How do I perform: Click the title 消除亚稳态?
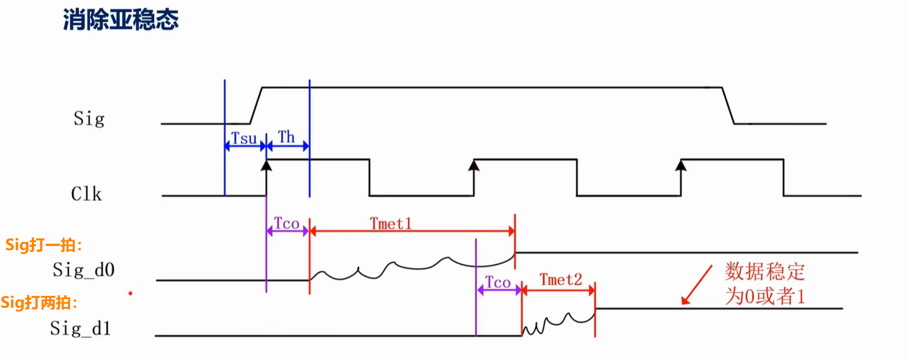[x=120, y=19]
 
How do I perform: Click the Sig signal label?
[x=89, y=119]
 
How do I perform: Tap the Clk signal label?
[x=86, y=194]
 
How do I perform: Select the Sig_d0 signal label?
[x=83, y=270]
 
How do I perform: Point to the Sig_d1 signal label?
[x=80, y=328]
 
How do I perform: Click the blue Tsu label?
[x=244, y=139]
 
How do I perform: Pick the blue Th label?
[x=286, y=137]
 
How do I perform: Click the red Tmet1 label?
[x=391, y=224]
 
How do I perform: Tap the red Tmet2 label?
[x=561, y=280]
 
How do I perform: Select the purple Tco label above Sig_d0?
[x=287, y=223]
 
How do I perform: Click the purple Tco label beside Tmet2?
[x=498, y=282]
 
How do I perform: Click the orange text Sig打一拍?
[x=43, y=245]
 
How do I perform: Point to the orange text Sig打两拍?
[x=39, y=303]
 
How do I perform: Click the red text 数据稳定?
[x=765, y=271]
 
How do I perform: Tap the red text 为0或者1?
[x=765, y=296]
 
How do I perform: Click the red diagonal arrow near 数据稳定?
[x=697, y=285]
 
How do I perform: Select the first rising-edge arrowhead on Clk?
[x=266, y=165]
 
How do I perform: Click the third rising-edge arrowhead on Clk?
[x=681, y=165]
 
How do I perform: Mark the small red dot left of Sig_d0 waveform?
[x=130, y=293]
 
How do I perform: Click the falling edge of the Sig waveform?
[x=728, y=106]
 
